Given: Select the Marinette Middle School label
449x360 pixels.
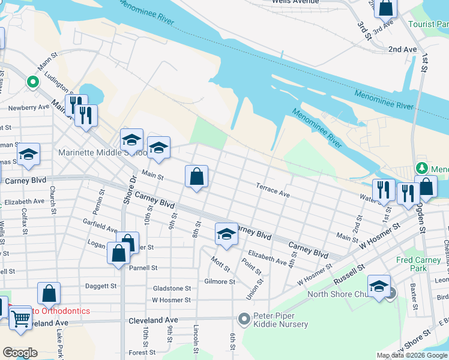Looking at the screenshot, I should click(x=102, y=152).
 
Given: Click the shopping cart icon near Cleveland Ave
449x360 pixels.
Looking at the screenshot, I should click(x=21, y=318).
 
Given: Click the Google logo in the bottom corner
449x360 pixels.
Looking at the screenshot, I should click(x=20, y=353).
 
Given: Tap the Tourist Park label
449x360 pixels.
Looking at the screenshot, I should click(x=428, y=25).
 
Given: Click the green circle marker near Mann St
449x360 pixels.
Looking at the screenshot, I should click(x=33, y=82).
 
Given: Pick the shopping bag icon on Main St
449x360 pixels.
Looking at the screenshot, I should click(x=196, y=177).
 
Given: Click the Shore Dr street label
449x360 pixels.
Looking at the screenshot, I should click(x=127, y=191).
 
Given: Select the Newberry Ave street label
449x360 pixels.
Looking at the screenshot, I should click(x=28, y=107).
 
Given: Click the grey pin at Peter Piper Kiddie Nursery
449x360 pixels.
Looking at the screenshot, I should click(x=244, y=319).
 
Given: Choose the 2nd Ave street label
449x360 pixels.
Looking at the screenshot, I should click(x=402, y=49).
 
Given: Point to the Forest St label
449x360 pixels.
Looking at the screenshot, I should click(x=142, y=353).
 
